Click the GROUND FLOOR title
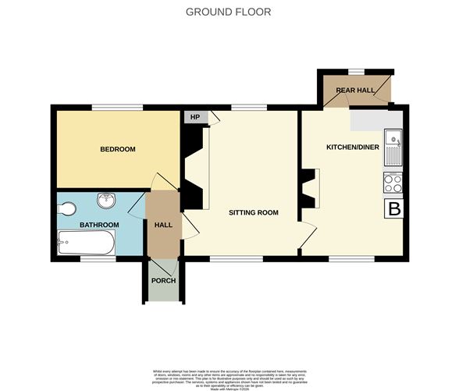pyautogui.click(x=229, y=12)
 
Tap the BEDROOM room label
pyautogui.click(x=117, y=149)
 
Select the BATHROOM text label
pyautogui.click(x=99, y=225)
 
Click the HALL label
pyautogui.click(x=163, y=225)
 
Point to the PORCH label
pyautogui.click(x=163, y=281)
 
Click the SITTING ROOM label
pyautogui.click(x=253, y=212)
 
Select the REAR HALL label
pyautogui.click(x=356, y=91)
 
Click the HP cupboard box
pyautogui.click(x=194, y=117)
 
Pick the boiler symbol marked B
pyautogui.click(x=395, y=209)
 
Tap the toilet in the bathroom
pyautogui.click(x=67, y=208)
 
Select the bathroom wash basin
pyautogui.click(x=106, y=201)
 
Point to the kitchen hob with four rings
pyautogui.click(x=392, y=183)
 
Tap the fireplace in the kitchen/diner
pyautogui.click(x=311, y=189)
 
